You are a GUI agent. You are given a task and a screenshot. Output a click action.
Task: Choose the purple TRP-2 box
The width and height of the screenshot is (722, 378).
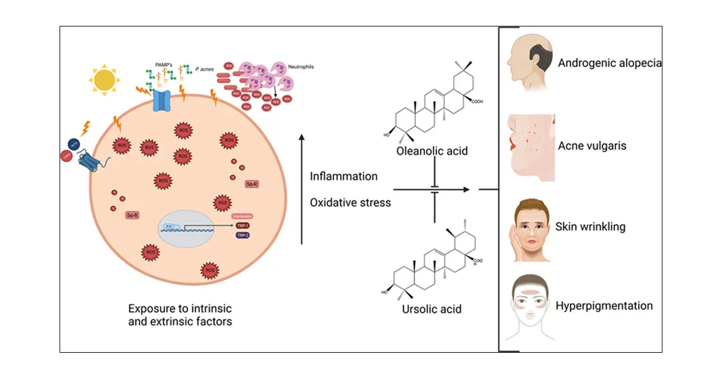pos(244,235)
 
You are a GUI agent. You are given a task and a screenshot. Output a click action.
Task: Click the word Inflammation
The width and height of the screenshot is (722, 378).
pos(344,176)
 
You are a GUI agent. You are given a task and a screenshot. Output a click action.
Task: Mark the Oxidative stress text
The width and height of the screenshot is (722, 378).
pos(350,202)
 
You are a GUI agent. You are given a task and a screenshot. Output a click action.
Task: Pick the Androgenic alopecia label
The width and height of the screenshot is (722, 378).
pos(609,63)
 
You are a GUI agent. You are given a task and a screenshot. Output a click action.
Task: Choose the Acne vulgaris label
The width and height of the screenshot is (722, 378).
pos(592,146)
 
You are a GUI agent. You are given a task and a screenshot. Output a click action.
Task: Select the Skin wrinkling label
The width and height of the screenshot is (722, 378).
pos(590,227)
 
